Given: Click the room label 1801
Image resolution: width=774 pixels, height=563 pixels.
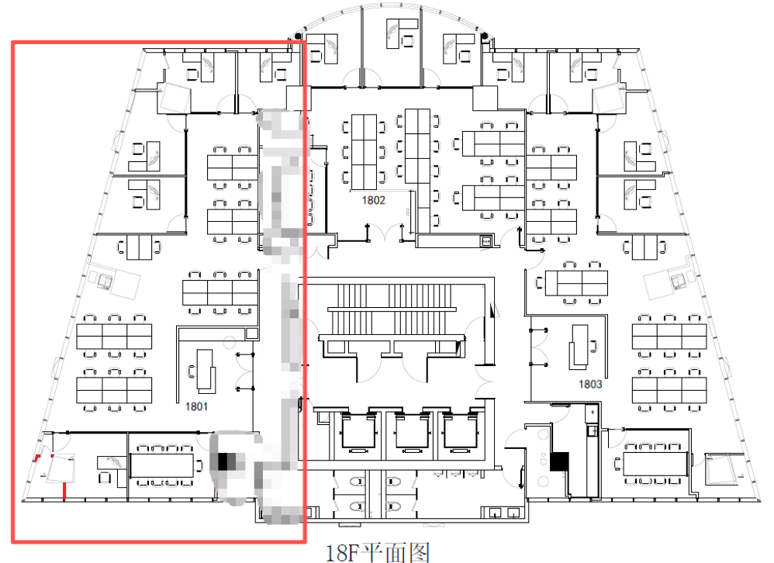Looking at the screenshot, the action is click(x=196, y=406).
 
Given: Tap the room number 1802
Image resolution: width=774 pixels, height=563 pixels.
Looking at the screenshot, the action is click(x=373, y=200).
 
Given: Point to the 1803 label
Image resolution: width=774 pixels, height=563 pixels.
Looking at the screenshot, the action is click(x=590, y=384).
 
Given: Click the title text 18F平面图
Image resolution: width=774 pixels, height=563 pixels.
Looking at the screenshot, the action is click(x=378, y=553).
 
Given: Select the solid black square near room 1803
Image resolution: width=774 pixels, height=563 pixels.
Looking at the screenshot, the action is click(x=559, y=462).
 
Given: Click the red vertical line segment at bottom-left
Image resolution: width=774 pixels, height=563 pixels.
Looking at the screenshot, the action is click(x=64, y=491).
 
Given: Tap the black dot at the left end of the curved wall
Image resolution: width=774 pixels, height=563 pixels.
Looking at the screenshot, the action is click(x=298, y=36).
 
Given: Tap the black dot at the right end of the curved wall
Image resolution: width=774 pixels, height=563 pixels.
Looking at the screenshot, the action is click(x=485, y=36).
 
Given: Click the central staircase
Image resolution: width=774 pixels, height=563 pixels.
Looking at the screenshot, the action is click(x=392, y=309).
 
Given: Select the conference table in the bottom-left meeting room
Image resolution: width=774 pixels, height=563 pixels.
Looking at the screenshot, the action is click(x=161, y=465).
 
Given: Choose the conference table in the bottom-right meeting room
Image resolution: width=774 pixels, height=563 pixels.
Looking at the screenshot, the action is click(x=655, y=463).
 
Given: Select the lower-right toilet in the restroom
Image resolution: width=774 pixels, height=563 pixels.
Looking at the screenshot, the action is click(x=393, y=506).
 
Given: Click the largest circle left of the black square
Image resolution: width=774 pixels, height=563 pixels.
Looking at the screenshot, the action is click(x=544, y=435).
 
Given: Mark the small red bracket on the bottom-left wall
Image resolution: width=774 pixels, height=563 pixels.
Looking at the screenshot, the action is click(x=37, y=457).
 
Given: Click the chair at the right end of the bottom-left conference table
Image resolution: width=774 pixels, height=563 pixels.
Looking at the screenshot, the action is click(x=199, y=465).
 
